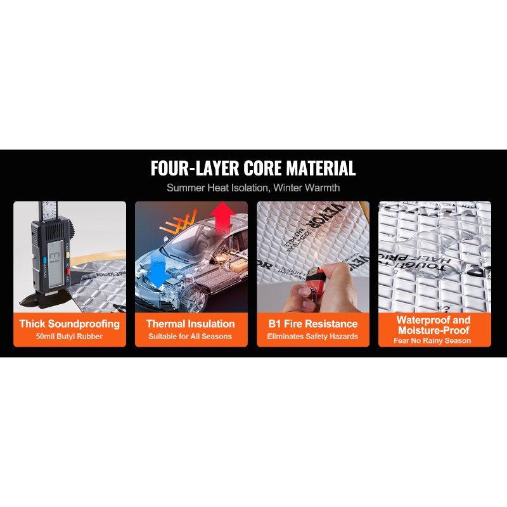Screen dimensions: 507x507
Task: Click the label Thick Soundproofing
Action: (70, 324)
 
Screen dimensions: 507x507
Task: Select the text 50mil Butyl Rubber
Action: (70, 337)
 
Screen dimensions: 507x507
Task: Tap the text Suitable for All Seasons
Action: (191, 337)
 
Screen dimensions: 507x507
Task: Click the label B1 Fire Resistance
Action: (313, 324)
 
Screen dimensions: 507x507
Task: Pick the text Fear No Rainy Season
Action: (434, 341)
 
